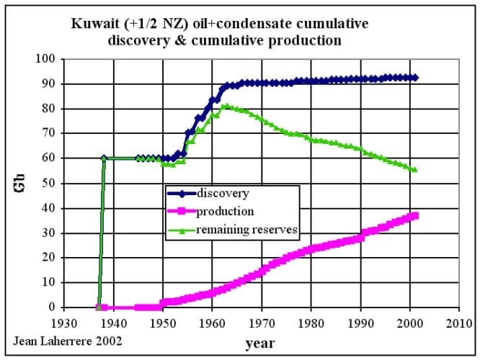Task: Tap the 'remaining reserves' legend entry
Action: point(246,230)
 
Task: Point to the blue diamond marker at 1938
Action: point(104,158)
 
